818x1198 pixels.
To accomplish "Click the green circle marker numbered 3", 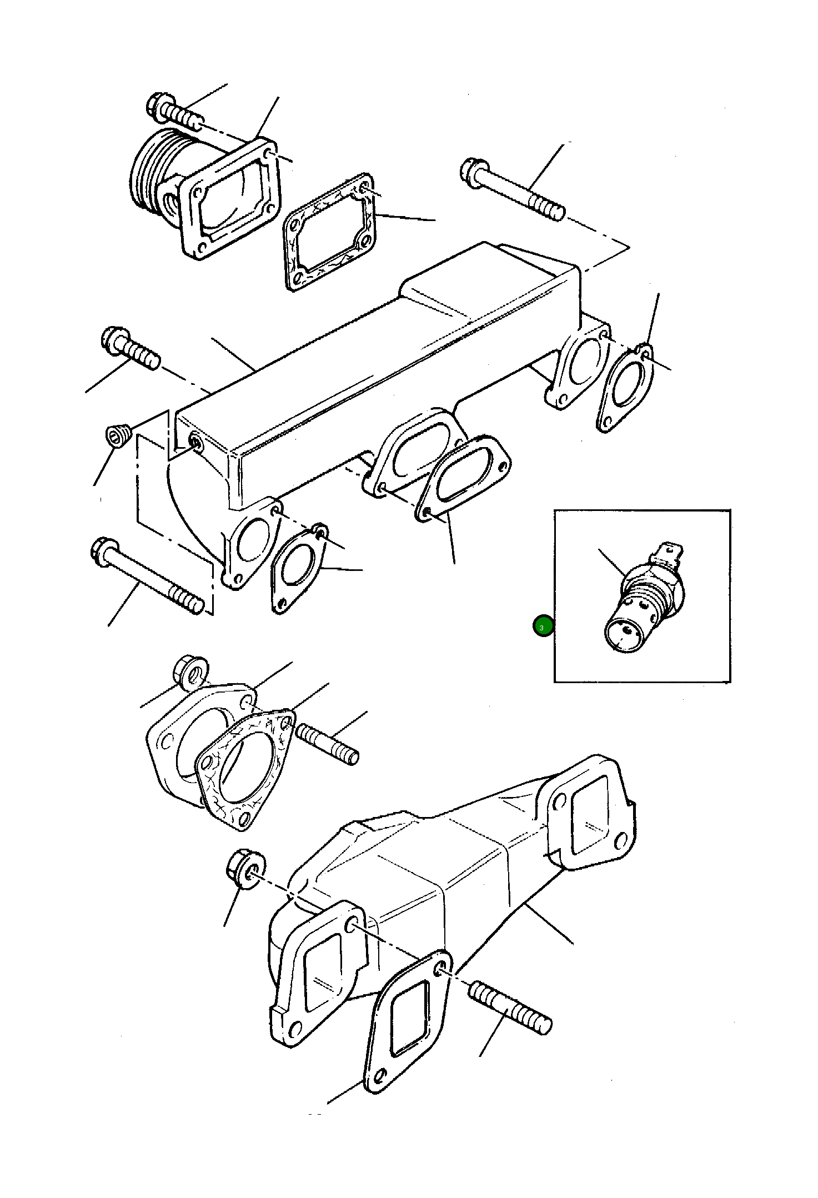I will (x=543, y=626).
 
